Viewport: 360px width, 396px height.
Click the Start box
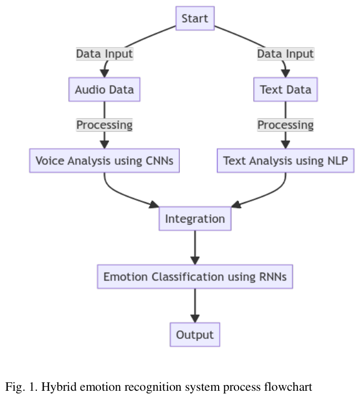pyautogui.click(x=195, y=18)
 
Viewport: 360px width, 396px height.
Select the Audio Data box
pyautogui.click(x=104, y=89)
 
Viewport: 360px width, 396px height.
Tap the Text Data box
pyautogui.click(x=285, y=89)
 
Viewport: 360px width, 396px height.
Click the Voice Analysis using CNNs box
pyautogui.click(x=104, y=160)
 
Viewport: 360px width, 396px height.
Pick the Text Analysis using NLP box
pyautogui.click(x=285, y=160)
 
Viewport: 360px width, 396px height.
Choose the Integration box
pyautogui.click(x=195, y=218)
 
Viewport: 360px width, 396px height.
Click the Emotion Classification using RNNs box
pyautogui.click(x=195, y=277)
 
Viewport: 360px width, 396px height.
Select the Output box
pyautogui.click(x=195, y=335)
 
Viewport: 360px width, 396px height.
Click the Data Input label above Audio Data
pyautogui.click(x=104, y=54)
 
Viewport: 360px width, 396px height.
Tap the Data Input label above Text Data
pyautogui.click(x=285, y=54)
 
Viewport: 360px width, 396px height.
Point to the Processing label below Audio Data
pyautogui.click(x=104, y=125)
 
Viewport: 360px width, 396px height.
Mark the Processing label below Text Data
pyautogui.click(x=285, y=125)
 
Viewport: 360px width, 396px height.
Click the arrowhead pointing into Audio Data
pyautogui.click(x=104, y=72)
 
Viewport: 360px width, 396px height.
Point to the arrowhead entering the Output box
pyautogui.click(x=195, y=318)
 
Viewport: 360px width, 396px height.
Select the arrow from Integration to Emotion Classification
pyautogui.click(x=195, y=247)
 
